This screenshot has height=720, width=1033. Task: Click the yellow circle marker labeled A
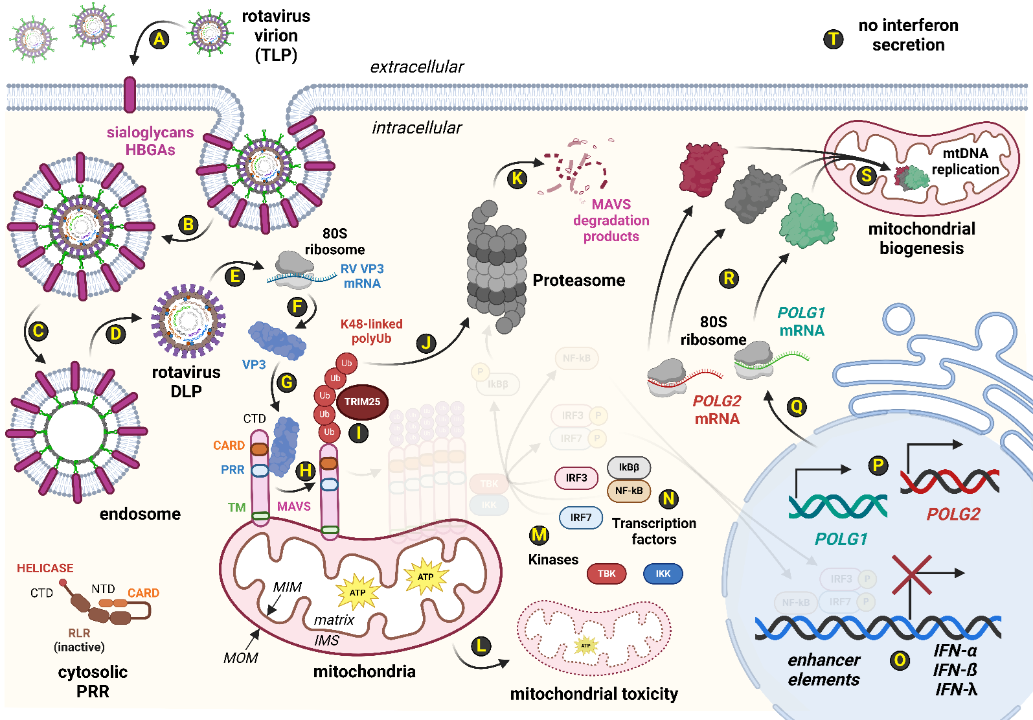tap(159, 39)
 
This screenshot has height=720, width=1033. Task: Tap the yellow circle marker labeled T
tap(833, 39)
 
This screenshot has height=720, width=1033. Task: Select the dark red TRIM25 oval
tap(362, 402)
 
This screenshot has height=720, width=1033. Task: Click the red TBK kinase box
tap(606, 574)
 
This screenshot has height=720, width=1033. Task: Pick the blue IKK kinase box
tap(663, 574)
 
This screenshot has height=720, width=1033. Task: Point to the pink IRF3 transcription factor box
tap(576, 478)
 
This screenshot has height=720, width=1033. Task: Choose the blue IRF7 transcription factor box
tap(581, 518)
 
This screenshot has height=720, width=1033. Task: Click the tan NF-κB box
tap(629, 491)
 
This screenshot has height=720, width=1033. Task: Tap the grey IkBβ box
tap(629, 467)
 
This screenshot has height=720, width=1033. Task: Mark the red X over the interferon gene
tap(911, 575)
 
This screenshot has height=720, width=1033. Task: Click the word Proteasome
tap(578, 281)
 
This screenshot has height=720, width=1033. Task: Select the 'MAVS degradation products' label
tap(611, 220)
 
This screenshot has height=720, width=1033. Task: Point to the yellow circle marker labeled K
tap(517, 179)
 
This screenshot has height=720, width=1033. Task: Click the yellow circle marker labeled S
tap(867, 176)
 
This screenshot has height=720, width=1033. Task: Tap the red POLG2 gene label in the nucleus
tap(953, 515)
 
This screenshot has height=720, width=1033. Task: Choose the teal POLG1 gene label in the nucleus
tap(841, 539)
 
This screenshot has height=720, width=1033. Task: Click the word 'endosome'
tap(140, 514)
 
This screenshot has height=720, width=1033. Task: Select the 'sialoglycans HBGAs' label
tap(150, 141)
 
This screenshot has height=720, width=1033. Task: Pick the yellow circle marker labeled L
tap(481, 646)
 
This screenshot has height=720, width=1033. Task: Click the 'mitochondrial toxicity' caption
tap(594, 694)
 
